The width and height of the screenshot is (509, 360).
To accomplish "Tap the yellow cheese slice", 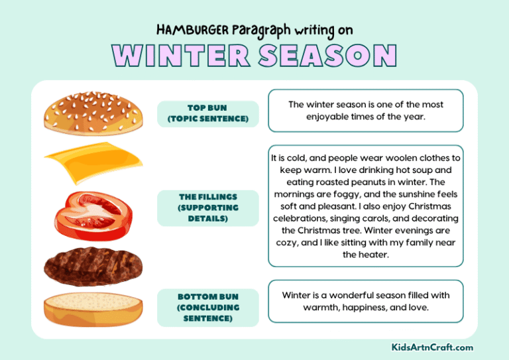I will point(86,161).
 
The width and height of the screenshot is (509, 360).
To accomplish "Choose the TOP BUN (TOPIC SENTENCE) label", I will point(208,113).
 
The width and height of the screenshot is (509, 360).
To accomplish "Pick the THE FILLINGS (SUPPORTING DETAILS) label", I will point(208,208).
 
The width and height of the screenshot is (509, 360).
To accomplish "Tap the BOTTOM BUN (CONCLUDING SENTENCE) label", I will point(208,307).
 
